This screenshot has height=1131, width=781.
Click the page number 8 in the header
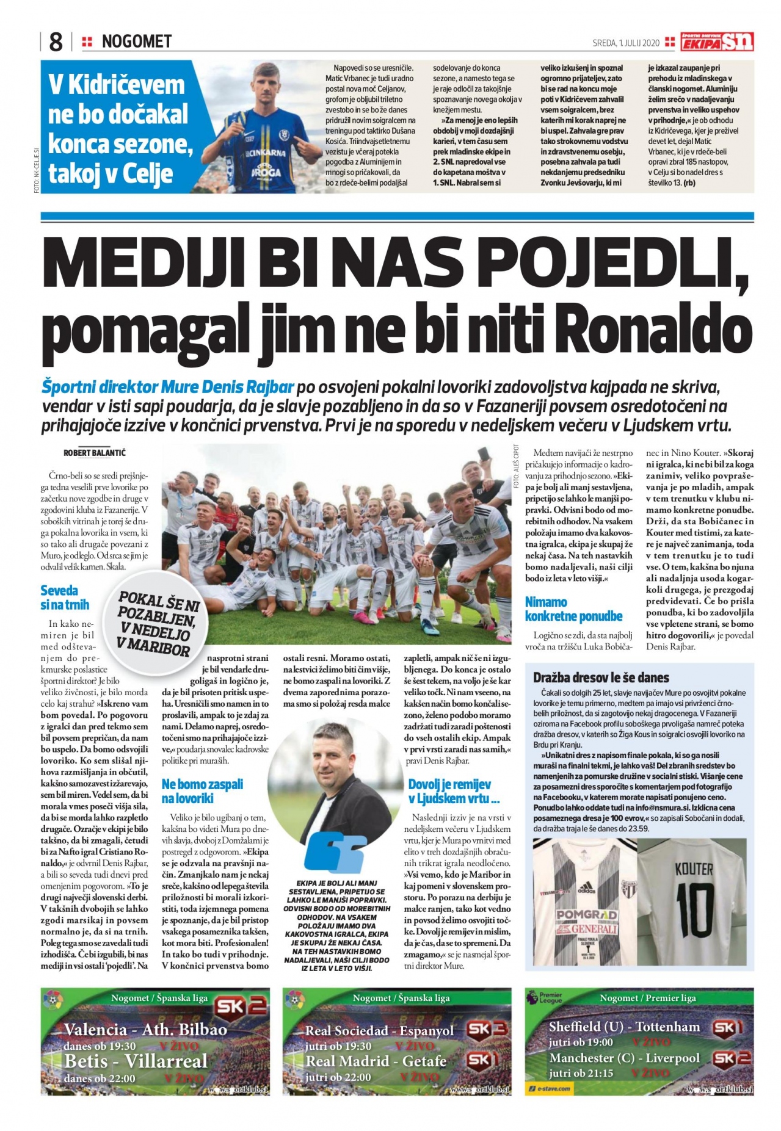click(x=55, y=42)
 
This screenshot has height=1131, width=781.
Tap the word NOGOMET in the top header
click(x=137, y=42)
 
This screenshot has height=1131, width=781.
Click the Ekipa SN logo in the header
click(x=717, y=42)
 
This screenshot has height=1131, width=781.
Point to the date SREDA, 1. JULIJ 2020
click(x=626, y=43)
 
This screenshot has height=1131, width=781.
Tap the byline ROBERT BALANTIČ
click(x=95, y=453)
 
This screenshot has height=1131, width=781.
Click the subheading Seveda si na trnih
click(x=65, y=598)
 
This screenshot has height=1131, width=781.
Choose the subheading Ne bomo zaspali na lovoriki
click(x=202, y=791)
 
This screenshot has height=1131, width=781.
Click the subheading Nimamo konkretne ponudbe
click(x=573, y=609)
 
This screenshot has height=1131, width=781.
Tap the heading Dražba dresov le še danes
click(x=601, y=678)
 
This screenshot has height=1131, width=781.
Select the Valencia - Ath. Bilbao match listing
click(x=145, y=1030)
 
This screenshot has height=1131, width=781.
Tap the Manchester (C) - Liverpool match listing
click(x=624, y=1058)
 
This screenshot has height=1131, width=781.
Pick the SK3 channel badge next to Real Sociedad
click(x=487, y=1030)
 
